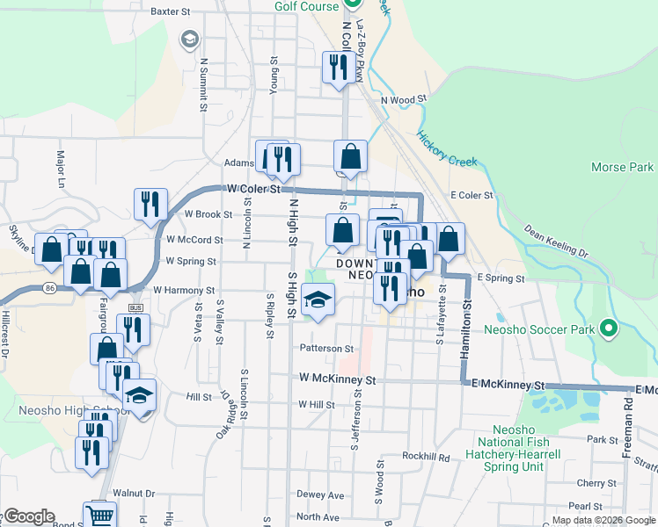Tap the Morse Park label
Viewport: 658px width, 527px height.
click(622, 167)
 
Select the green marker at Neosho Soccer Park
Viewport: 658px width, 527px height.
click(608, 329)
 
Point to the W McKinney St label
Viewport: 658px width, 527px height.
click(338, 380)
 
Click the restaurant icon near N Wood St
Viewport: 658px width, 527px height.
click(337, 67)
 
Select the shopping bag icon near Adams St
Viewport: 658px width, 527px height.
click(350, 157)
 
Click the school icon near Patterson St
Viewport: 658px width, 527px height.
click(318, 300)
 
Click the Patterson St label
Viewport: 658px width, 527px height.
click(326, 349)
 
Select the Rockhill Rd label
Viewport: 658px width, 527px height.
click(426, 457)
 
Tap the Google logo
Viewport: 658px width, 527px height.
click(28, 516)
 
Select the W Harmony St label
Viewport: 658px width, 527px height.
click(184, 289)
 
